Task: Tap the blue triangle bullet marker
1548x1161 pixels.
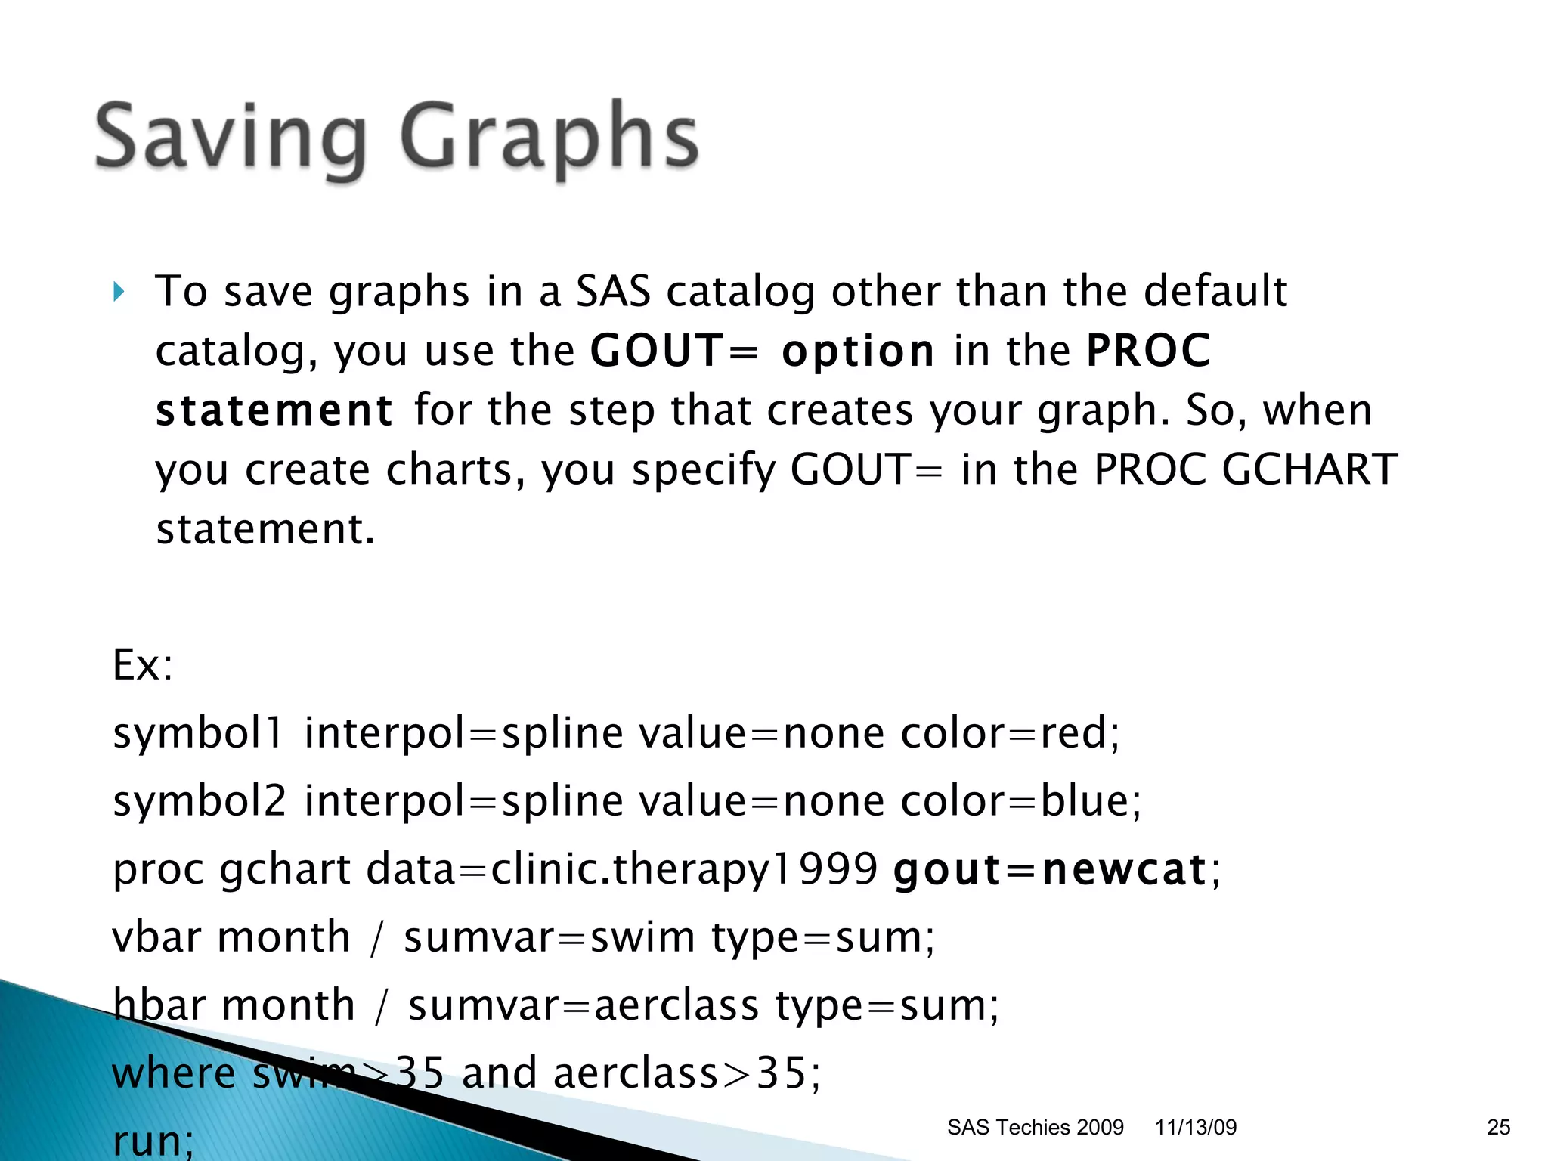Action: point(119,292)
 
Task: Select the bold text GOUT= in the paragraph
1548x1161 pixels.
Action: point(673,351)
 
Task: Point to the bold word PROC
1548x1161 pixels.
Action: point(1149,351)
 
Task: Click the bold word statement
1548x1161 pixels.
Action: point(274,410)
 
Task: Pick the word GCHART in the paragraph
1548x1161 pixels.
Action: point(1309,469)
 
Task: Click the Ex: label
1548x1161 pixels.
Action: point(143,665)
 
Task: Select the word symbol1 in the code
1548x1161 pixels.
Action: point(198,733)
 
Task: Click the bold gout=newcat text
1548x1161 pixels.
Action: point(1049,869)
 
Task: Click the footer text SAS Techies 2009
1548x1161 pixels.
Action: point(1035,1128)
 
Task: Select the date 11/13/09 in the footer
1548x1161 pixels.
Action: point(1195,1128)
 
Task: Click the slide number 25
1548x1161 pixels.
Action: point(1498,1128)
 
